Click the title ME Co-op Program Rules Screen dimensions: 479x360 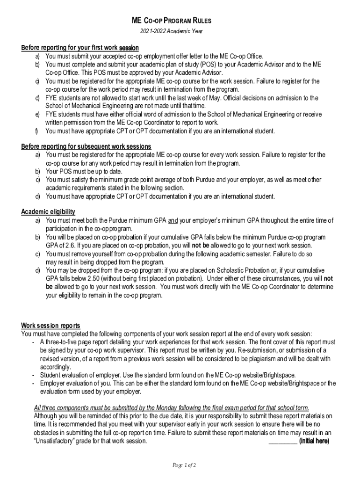pos(172,21)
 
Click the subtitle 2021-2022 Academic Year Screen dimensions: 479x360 pos(172,32)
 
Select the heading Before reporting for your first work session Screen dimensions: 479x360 pos(80,48)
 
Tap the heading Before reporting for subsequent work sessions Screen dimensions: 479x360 pos(86,146)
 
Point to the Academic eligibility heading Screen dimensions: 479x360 pos(48,212)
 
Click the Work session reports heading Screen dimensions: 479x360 pos(50,326)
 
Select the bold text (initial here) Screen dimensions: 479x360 pos(314,441)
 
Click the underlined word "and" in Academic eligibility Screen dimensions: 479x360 pos(173,220)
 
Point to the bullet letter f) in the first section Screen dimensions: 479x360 pos(36,131)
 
